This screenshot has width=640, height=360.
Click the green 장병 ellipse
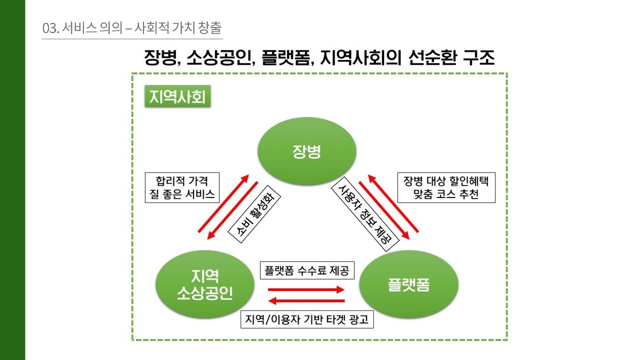point(307,151)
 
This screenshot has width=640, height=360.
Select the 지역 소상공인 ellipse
point(205,284)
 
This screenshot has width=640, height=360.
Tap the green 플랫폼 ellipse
point(409,284)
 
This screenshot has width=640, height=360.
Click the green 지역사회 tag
point(177,96)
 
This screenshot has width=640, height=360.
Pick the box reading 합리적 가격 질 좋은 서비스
point(182,187)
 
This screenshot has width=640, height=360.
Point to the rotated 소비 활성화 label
point(254,214)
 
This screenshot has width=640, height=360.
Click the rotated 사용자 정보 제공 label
point(365,214)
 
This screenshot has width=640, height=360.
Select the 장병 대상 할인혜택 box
point(446,187)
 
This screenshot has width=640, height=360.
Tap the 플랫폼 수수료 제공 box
point(307,270)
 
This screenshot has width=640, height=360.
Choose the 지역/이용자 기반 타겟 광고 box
point(307,319)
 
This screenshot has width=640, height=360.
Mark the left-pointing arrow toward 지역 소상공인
point(306,300)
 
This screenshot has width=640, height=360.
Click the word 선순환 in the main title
point(432,57)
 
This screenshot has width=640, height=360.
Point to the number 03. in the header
point(50,28)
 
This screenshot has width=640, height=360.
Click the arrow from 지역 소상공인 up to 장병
point(223,203)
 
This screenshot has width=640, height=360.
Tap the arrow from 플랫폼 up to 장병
point(393,203)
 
